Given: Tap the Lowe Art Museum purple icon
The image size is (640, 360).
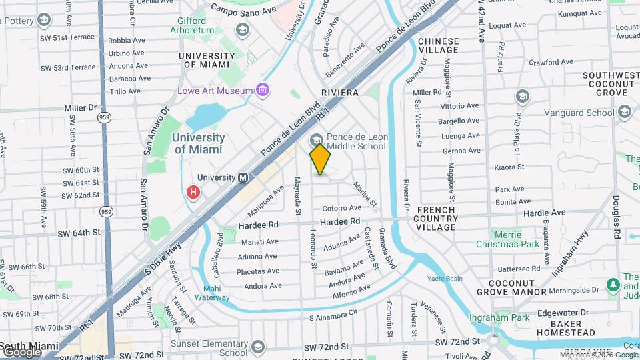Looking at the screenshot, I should click(x=262, y=90).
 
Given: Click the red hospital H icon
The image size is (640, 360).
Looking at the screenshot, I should click(x=193, y=192).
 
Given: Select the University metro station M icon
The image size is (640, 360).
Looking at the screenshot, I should click(x=243, y=178).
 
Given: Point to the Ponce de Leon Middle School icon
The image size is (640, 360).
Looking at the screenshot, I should click(x=315, y=139).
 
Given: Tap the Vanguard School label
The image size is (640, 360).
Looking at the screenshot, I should click(x=579, y=113).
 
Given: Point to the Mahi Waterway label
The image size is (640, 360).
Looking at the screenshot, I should click(x=212, y=293).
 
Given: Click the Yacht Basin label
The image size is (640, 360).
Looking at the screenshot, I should click(x=445, y=278).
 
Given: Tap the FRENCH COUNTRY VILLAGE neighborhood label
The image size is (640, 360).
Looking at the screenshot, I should click(x=437, y=219).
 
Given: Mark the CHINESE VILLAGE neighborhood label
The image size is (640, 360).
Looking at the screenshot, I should click(x=438, y=45).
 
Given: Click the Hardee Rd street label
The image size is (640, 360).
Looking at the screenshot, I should click(x=340, y=221).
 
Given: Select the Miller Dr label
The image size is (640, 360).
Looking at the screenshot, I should click(x=81, y=108).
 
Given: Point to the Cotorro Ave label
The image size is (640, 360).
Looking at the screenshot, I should click(x=341, y=208).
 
